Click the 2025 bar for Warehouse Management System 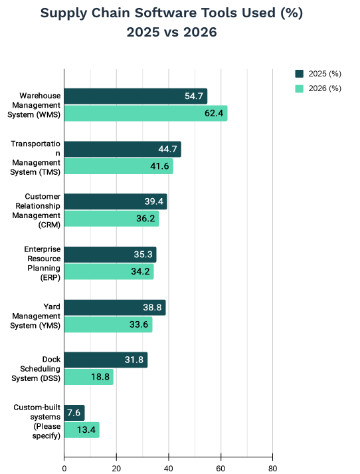[x=135, y=96]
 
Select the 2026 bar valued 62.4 [x=146, y=114]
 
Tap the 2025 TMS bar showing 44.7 [x=123, y=149]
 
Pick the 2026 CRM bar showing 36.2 [x=112, y=219]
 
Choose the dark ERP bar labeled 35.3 [x=110, y=255]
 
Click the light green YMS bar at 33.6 [x=108, y=324]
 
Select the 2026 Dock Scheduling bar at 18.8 [x=89, y=377]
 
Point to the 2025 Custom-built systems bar [x=74, y=413]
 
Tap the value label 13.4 [x=86, y=429]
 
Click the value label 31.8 [x=134, y=360]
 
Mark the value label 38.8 [x=152, y=307]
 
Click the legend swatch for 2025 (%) [x=300, y=74]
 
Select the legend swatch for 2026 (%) [x=300, y=88]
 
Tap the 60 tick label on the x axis [x=221, y=468]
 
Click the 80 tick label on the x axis [x=273, y=468]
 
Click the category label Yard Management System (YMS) [x=35, y=316]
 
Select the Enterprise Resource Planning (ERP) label [x=43, y=263]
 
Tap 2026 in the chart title [x=200, y=33]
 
